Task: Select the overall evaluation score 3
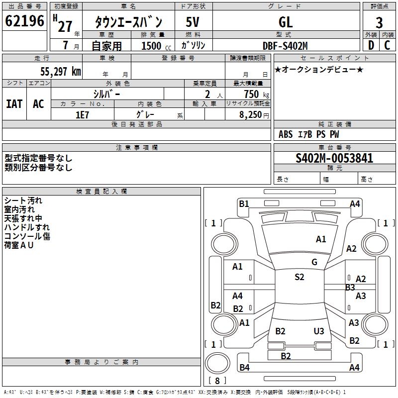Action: pyautogui.click(x=379, y=22)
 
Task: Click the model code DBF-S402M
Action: pyautogui.click(x=285, y=46)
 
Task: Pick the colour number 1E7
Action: pyautogui.click(x=82, y=114)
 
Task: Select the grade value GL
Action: pyautogui.click(x=286, y=22)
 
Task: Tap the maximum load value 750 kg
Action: pyautogui.click(x=254, y=94)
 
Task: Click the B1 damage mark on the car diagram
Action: pyautogui.click(x=244, y=203)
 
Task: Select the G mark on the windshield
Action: pyautogui.click(x=314, y=262)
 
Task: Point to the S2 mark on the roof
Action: pyautogui.click(x=299, y=277)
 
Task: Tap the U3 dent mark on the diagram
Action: pyautogui.click(x=319, y=331)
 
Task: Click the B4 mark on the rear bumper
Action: pyautogui.click(x=244, y=368)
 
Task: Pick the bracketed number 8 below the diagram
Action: pyautogui.click(x=217, y=381)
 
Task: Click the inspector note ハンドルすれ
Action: pyautogui.click(x=27, y=227)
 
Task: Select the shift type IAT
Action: pyautogui.click(x=14, y=104)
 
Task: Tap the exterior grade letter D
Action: pyautogui.click(x=371, y=46)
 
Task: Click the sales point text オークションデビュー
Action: pyautogui.click(x=319, y=69)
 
